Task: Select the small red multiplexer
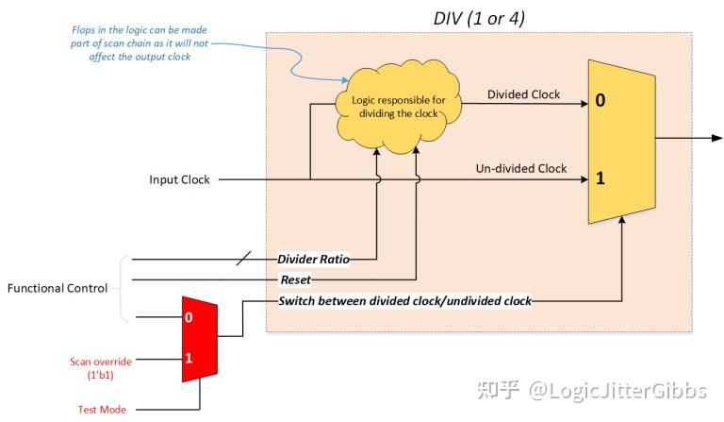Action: pos(198,338)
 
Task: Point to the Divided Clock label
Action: pos(523,94)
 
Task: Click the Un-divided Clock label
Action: pos(520,169)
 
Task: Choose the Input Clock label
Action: pos(180,179)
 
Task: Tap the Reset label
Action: pos(295,279)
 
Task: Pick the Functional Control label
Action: pos(57,288)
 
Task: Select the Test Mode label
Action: pos(101,410)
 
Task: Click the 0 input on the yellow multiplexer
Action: pos(601,99)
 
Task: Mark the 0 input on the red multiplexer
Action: pos(189,318)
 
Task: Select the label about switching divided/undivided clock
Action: pos(404,301)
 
